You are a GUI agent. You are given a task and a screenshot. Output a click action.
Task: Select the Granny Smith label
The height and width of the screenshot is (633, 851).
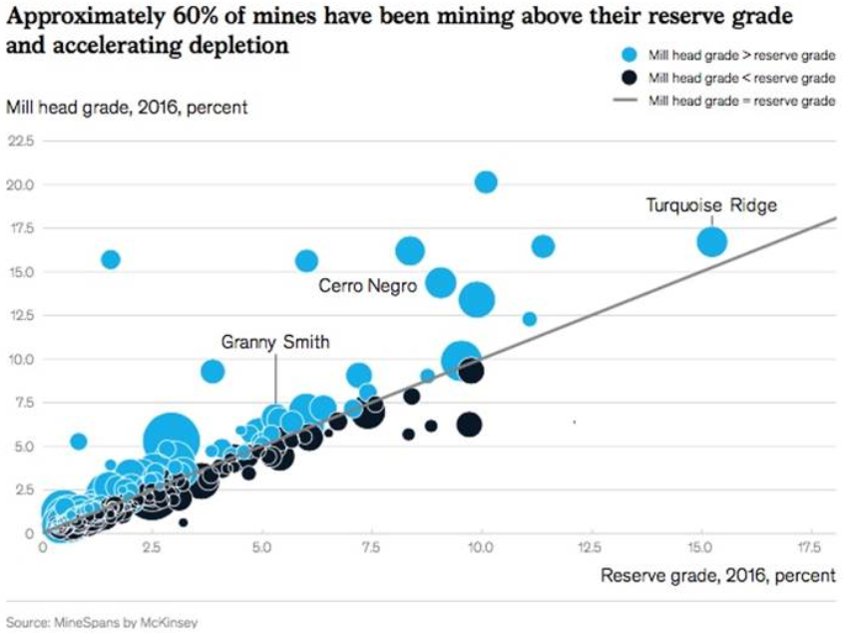pos(275,342)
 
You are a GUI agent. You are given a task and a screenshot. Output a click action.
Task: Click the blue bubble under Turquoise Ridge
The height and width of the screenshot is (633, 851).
pos(711,241)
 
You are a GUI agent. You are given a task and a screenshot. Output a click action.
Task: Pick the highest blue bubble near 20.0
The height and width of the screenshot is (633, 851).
pos(486,181)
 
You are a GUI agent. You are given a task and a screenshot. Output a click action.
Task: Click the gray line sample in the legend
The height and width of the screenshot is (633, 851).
pos(626,100)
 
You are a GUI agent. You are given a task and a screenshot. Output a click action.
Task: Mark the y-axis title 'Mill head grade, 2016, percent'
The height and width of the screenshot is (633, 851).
pos(127,108)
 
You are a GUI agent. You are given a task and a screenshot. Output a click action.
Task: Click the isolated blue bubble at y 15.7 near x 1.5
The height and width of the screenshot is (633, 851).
pos(111,259)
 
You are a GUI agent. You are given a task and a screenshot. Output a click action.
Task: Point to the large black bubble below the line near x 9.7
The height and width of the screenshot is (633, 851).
pos(469,425)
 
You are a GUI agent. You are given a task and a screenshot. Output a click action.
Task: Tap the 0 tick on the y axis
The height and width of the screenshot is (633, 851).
pos(29,533)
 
